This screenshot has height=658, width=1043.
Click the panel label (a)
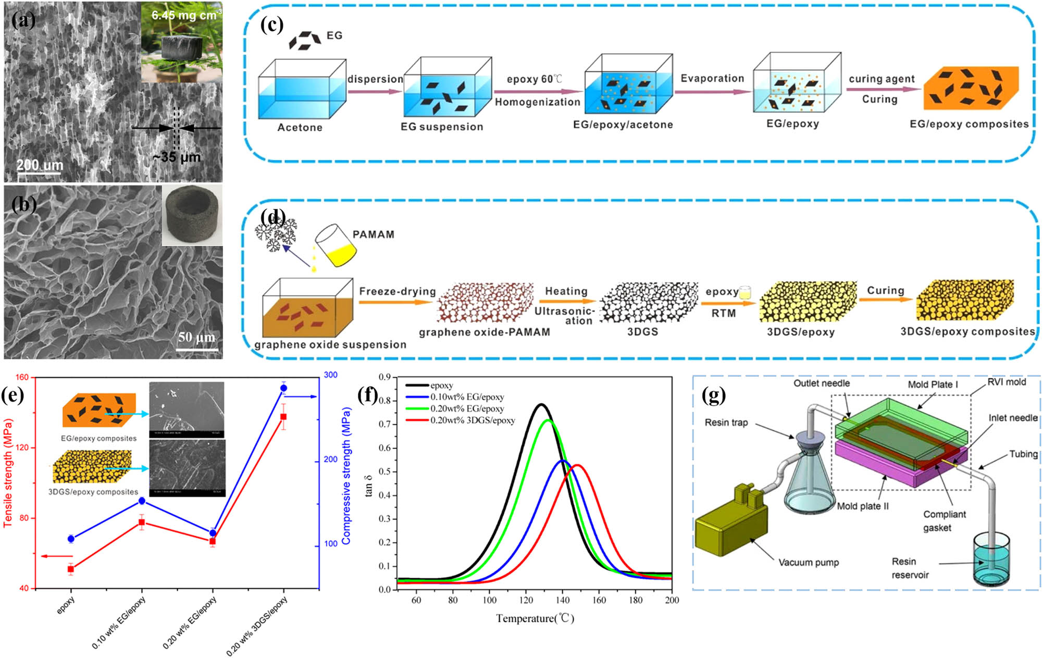point(23,21)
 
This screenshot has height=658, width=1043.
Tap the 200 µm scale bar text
point(40,165)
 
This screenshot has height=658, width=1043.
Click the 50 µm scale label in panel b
point(196,338)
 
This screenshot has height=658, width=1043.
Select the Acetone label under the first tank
point(300,127)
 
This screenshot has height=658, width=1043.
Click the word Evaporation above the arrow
point(712,78)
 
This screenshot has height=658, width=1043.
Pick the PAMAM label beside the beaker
point(373,234)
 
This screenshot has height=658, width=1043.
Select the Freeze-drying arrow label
point(397,291)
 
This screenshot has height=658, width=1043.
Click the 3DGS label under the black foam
point(642,332)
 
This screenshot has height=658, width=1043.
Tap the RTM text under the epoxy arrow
point(724,313)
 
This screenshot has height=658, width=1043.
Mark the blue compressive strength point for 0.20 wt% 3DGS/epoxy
point(283,388)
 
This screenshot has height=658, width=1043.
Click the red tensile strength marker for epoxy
point(71,569)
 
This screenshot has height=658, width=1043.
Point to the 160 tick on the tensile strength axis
point(22,377)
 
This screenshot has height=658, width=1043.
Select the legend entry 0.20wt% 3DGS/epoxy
point(472,420)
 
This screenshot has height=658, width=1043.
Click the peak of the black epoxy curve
point(541,404)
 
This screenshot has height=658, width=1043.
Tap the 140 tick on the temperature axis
point(563,600)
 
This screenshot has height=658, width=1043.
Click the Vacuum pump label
point(809,562)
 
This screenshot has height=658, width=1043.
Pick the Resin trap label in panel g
point(726,422)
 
